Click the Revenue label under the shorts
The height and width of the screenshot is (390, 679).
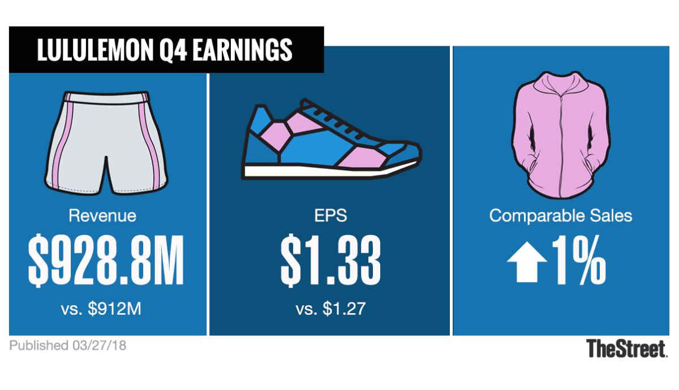pos(102,215)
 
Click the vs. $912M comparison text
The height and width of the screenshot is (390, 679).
pos(102,309)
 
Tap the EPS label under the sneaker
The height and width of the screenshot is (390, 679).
pos(330,215)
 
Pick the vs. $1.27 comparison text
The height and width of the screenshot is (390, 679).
pos(330,309)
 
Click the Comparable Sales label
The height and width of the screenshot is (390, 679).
pos(561,215)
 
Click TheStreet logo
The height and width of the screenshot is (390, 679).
pos(626,348)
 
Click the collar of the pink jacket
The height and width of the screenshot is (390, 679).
pos(560,85)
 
